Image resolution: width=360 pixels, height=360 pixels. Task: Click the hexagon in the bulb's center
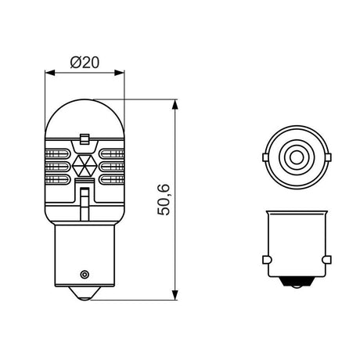click(x=86, y=166)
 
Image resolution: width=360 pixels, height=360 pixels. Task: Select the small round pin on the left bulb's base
click(x=85, y=274)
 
